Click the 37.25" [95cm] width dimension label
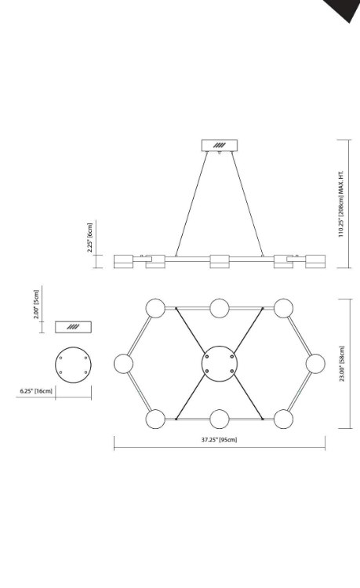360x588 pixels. (x=219, y=439)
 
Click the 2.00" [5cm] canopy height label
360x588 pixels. (x=36, y=302)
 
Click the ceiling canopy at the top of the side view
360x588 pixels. (x=219, y=145)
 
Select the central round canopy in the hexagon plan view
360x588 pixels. (x=219, y=363)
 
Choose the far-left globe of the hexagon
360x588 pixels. (x=123, y=363)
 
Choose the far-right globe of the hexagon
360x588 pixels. (x=315, y=363)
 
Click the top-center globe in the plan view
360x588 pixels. (x=219, y=307)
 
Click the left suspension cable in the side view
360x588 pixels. (x=193, y=204)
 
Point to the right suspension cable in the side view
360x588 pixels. (x=245, y=204)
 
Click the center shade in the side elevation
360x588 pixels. (x=219, y=260)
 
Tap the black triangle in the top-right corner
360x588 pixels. (x=346, y=8)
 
